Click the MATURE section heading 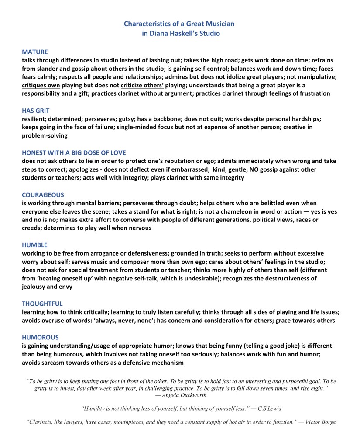(35, 52)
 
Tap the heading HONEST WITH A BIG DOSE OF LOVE (74, 153)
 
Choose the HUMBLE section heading (34, 245)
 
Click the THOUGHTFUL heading (42, 304)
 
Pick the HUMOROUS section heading (40, 337)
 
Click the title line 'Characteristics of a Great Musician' (180, 23)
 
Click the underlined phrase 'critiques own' (41, 85)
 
